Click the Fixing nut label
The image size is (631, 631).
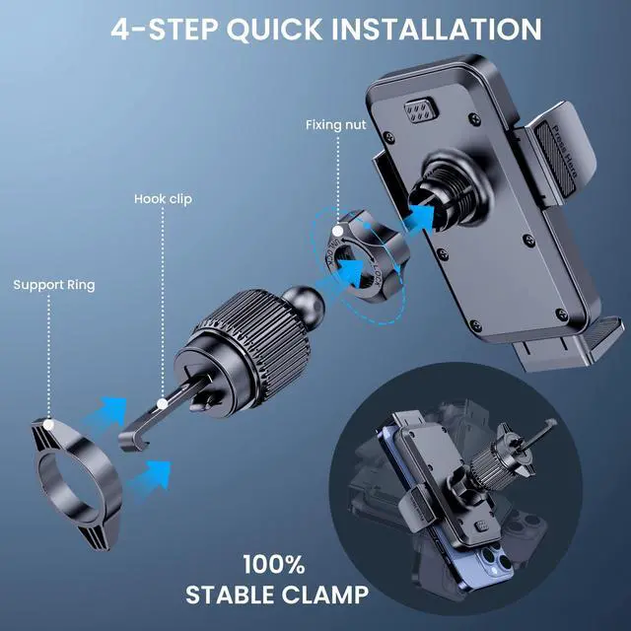pos(336,125)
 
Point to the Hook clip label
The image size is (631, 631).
pos(163,199)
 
